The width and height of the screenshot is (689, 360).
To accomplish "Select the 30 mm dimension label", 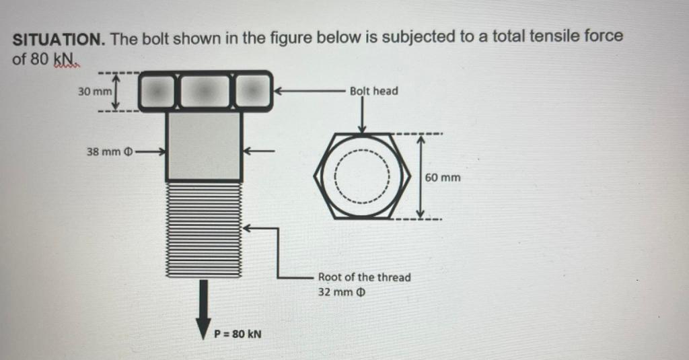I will pos(93,92).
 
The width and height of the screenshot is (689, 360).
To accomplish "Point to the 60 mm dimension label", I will pos(443,178).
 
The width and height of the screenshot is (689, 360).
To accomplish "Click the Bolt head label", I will pos(373,91).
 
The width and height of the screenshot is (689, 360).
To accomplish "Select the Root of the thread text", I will pos(364,277).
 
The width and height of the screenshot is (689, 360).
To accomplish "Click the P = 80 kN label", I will pos(238,333).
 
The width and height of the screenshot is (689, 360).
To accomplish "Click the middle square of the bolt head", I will pos(205,91).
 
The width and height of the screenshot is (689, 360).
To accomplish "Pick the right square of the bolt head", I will pos(251,91).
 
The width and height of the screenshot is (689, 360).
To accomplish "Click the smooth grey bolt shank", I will pos(204,146).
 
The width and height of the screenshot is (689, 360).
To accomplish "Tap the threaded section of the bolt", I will pos(204,229).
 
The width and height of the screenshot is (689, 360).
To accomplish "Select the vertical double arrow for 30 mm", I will pos(116,92).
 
